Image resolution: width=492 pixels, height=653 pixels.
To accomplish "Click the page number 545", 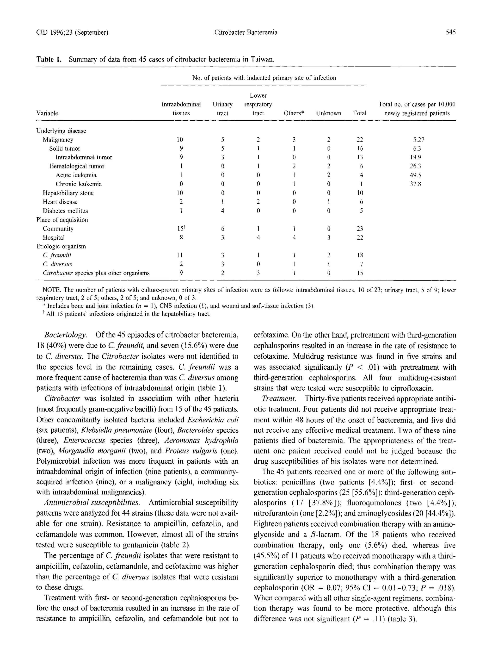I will (450, 32).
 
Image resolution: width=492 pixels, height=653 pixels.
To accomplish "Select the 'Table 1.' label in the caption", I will (49, 59).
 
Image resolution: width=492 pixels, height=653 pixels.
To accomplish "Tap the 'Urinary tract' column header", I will (222, 109).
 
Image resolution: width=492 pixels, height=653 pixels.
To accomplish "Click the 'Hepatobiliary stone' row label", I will (68, 193).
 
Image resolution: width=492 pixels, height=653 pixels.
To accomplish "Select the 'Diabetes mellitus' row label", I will (65, 211).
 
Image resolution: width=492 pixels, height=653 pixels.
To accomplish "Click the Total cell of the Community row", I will (359, 229).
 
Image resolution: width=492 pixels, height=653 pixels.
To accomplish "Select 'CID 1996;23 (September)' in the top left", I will (72, 32).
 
